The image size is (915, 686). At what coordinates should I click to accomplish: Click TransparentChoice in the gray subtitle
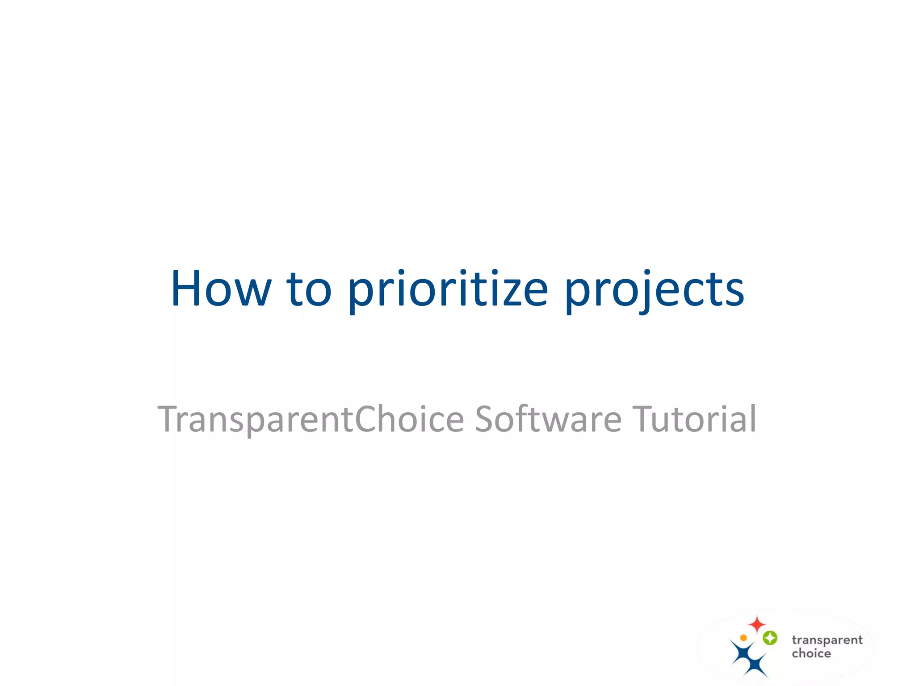click(x=311, y=419)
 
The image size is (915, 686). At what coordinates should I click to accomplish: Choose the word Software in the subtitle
click(x=548, y=419)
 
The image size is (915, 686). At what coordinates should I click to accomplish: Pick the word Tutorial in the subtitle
click(x=694, y=419)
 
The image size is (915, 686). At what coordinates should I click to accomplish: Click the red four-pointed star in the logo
click(x=757, y=624)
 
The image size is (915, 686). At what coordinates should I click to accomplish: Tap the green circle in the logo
click(x=770, y=638)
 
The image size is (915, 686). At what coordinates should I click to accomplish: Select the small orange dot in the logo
click(x=743, y=638)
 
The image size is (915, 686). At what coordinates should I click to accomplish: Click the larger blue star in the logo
click(x=742, y=653)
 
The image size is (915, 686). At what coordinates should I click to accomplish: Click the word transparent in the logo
click(x=827, y=640)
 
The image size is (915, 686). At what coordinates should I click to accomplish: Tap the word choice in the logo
click(x=811, y=653)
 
